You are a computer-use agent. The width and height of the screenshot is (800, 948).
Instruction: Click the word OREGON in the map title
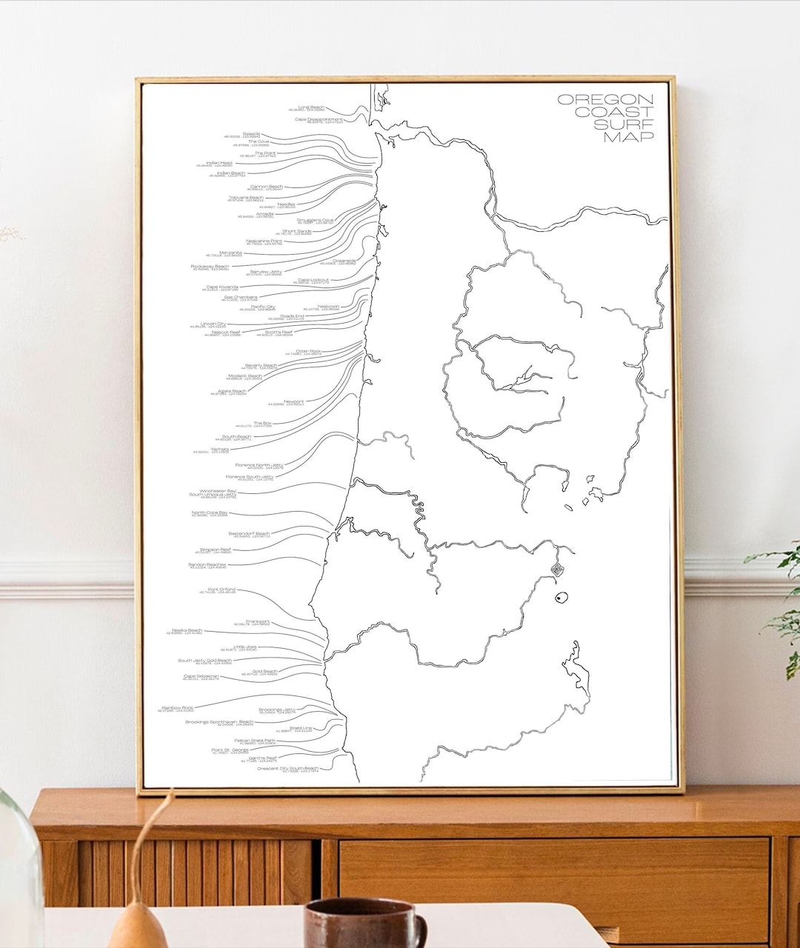[605, 99]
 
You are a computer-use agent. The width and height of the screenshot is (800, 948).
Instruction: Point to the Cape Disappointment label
[319, 119]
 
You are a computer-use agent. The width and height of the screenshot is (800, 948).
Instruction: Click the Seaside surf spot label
[251, 135]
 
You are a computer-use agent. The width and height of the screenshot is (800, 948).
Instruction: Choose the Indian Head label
[219, 163]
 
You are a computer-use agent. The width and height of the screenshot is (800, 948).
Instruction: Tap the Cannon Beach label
[266, 187]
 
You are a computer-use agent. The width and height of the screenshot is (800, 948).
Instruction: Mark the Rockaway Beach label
[210, 267]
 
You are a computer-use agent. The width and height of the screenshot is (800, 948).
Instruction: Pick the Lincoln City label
[213, 324]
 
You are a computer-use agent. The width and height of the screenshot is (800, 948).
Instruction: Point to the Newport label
[293, 402]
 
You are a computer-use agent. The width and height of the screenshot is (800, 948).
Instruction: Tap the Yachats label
[219, 449]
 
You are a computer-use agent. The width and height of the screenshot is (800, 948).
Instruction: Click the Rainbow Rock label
[178, 708]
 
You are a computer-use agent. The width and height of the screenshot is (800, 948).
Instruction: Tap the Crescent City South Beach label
[287, 769]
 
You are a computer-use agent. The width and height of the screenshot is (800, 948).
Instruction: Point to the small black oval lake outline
[561, 598]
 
